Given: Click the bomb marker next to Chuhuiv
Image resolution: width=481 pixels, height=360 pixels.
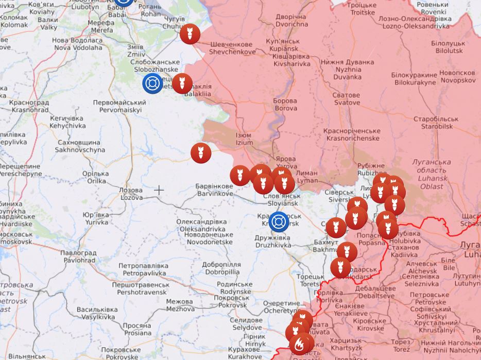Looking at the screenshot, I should (190, 35).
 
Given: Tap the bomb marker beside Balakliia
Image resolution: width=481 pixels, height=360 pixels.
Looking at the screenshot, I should (182, 83).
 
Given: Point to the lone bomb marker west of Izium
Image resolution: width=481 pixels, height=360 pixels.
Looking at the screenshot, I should (201, 153).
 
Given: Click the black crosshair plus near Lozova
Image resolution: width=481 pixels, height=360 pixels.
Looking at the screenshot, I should (159, 190).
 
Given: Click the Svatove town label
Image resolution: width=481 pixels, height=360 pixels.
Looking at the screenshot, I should (346, 99).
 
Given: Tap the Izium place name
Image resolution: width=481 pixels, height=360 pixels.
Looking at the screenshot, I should (244, 139).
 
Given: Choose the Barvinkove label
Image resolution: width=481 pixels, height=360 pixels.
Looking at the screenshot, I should (214, 190).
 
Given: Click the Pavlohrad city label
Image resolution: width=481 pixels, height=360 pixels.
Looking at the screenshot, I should (78, 256).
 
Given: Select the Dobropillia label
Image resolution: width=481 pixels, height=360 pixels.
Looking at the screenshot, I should (221, 268).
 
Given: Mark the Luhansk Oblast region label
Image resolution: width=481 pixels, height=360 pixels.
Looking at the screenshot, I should (432, 174).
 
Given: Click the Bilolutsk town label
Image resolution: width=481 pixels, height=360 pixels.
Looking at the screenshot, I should (449, 47).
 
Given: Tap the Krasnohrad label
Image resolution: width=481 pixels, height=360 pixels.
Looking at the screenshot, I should (29, 106).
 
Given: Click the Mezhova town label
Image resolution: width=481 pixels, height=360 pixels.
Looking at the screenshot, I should (179, 305).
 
